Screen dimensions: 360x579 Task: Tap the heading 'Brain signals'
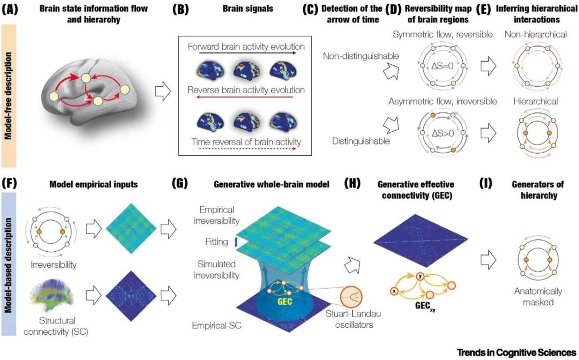tap(248, 9)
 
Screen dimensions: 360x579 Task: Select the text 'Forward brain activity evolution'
tap(246, 46)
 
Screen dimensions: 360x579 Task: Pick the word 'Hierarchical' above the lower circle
tap(536, 101)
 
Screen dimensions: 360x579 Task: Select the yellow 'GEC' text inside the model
tap(285, 301)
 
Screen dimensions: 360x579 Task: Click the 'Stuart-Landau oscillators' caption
tap(354, 319)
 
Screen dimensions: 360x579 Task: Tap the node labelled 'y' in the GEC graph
tap(421, 276)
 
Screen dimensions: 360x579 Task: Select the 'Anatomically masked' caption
tap(538, 296)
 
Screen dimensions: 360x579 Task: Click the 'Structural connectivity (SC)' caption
tap(56, 326)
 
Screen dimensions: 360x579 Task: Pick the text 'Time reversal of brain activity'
tap(246, 142)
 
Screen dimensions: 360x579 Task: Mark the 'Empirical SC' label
tap(216, 326)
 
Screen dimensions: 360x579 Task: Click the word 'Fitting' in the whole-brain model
tap(216, 241)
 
